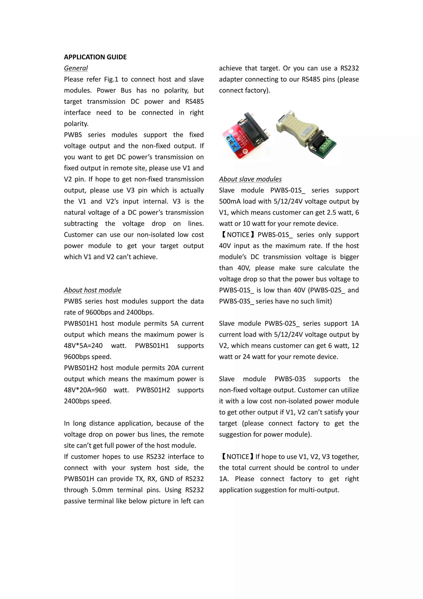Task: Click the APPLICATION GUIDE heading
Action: [x=95, y=57]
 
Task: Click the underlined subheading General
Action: [x=76, y=68]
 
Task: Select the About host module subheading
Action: [x=93, y=290]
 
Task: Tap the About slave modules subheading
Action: [x=250, y=179]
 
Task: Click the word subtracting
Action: [x=81, y=224]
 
